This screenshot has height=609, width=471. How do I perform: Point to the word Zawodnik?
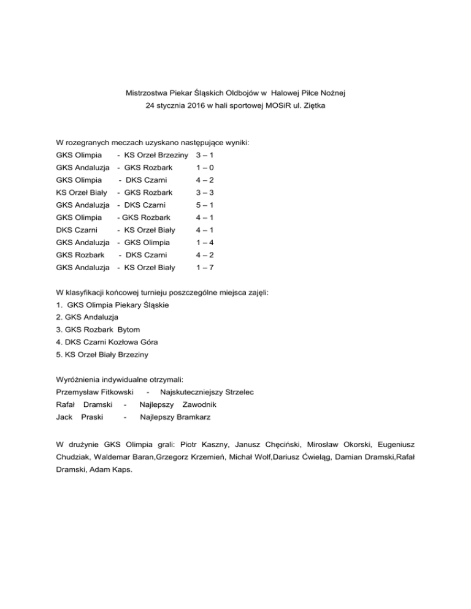coord(199,405)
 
